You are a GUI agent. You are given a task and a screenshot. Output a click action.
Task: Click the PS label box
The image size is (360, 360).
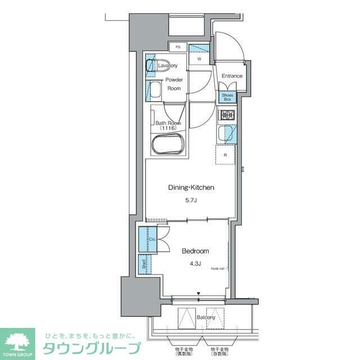[x=178, y=47]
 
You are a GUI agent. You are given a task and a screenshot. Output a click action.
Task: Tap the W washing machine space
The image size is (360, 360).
[x=199, y=58]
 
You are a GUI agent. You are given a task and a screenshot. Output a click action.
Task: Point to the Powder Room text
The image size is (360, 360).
[x=174, y=84]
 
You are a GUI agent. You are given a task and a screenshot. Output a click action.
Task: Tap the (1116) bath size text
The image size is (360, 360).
[x=168, y=129]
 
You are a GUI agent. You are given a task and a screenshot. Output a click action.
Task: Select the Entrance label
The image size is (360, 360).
[x=231, y=76]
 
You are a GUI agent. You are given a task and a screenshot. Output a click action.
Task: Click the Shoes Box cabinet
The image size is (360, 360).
[x=227, y=97]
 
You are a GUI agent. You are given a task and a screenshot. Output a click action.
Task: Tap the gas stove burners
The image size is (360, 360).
[x=227, y=116]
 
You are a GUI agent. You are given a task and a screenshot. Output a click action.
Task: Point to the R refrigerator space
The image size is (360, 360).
[x=225, y=155]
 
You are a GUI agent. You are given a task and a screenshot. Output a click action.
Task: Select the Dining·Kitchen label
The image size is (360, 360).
[x=191, y=187]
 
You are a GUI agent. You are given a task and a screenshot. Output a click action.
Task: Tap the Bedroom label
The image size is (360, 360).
[x=195, y=251]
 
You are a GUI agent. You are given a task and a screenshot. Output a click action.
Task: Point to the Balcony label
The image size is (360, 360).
[x=205, y=318]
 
